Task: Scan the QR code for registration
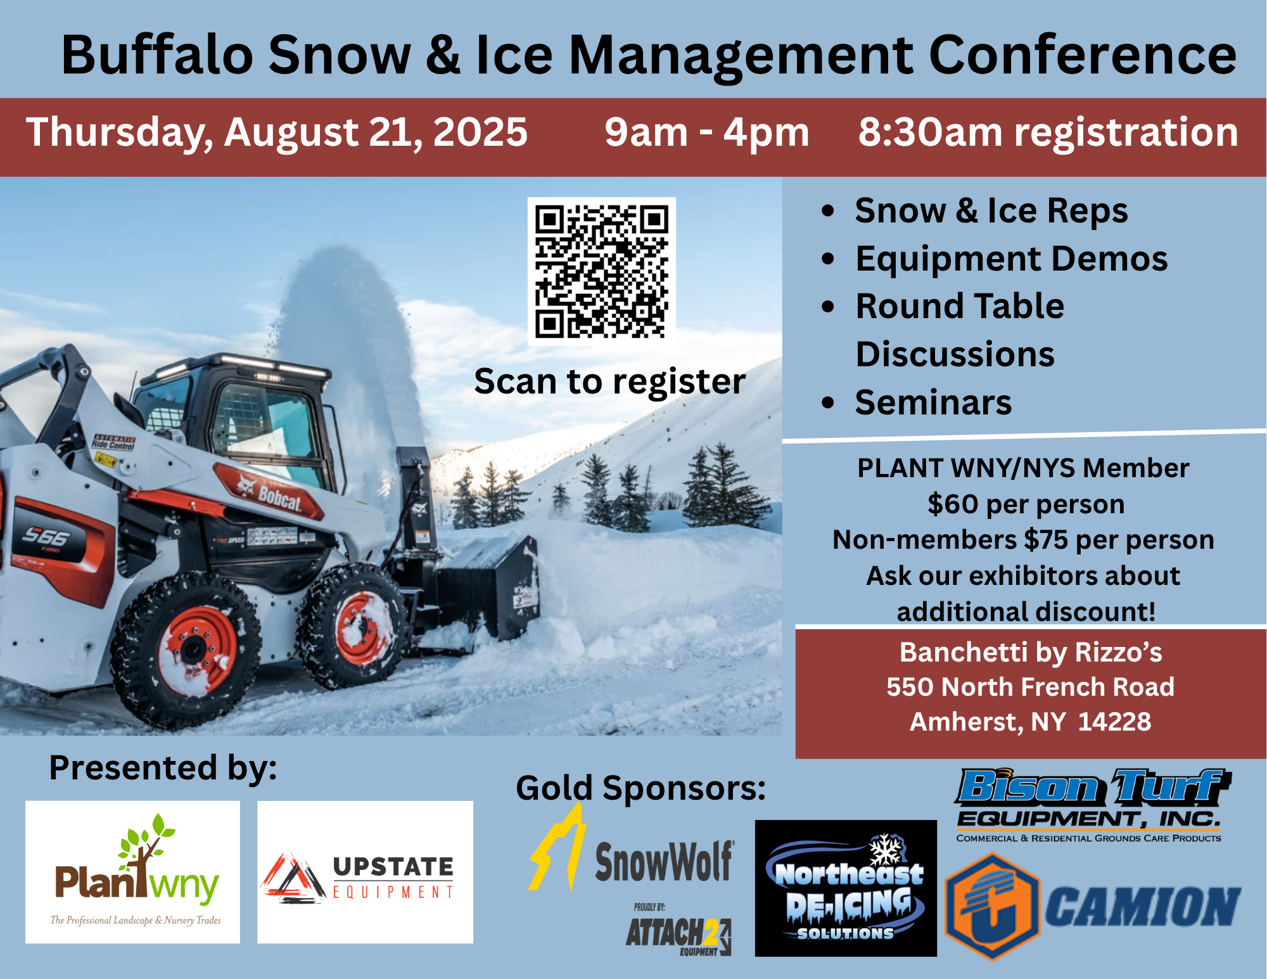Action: (602, 271)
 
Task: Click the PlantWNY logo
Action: (133, 872)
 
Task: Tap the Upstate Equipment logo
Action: (365, 872)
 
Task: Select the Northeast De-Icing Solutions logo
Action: (846, 888)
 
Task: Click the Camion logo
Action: (1092, 906)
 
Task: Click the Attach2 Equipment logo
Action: (678, 930)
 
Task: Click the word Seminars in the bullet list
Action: (933, 402)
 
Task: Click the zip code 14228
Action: (1114, 722)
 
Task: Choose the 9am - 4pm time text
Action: (707, 132)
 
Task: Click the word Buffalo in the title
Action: (158, 55)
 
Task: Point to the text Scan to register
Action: (610, 381)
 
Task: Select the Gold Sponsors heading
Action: (641, 788)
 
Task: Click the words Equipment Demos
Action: (1012, 259)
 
